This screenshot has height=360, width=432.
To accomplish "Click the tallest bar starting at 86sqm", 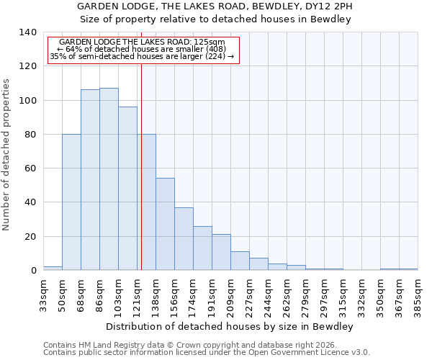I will (109, 179).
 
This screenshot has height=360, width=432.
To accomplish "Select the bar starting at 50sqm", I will (71, 202).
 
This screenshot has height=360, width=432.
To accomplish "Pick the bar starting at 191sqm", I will (221, 252).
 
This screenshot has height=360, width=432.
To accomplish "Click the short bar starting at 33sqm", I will (53, 268).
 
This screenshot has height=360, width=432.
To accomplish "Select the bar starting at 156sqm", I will (184, 239).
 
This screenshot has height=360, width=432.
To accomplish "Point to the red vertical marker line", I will (141, 180).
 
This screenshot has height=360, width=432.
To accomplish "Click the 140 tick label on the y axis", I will (27, 32).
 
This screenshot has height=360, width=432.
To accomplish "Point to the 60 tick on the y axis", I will (30, 168).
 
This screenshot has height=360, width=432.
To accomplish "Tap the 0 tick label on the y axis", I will (33, 271).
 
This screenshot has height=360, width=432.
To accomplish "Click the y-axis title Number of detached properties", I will (7, 155).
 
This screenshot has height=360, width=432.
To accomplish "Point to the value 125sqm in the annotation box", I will (210, 42).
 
